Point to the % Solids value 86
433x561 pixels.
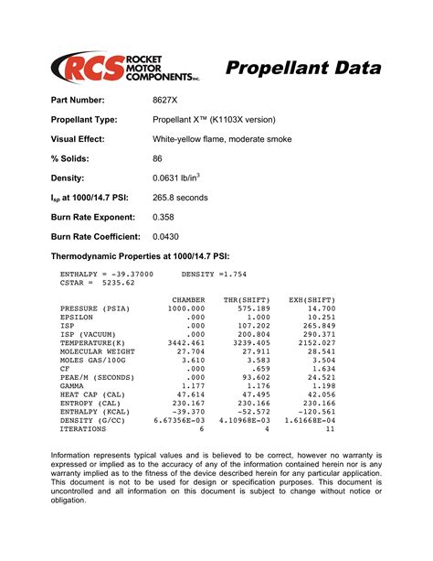pyautogui.click(x=157, y=158)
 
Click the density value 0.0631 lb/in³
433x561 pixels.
pyautogui.click(x=177, y=178)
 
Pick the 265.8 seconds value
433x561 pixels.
pyautogui.click(x=180, y=198)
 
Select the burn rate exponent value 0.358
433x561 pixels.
pyautogui.click(x=164, y=217)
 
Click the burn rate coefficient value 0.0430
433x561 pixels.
pyautogui.click(x=166, y=236)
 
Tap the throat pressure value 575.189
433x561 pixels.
pyautogui.click(x=253, y=308)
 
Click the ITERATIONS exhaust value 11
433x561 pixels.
pyautogui.click(x=331, y=427)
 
